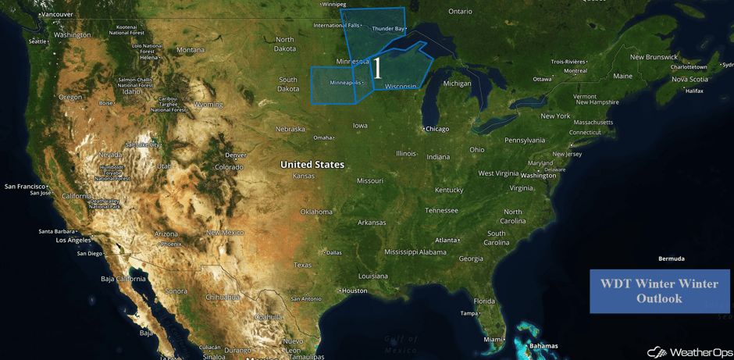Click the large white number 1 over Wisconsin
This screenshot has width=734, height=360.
tap(377, 68)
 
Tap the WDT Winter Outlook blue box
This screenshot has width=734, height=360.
tap(659, 291)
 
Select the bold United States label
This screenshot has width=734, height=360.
tap(312, 165)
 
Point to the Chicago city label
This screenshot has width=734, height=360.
tap(436, 129)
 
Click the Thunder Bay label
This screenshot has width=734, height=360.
tap(388, 29)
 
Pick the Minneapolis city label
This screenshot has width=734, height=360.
tap(344, 83)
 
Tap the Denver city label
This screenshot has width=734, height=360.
tap(235, 155)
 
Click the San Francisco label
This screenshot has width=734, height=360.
tap(26, 187)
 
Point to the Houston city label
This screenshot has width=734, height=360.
tap(354, 290)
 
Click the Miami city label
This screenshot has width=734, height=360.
tap(493, 340)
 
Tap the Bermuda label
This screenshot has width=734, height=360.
tap(671, 258)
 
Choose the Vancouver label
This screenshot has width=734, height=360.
tap(56, 15)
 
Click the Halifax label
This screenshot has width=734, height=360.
tap(694, 91)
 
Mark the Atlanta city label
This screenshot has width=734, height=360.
tap(446, 241)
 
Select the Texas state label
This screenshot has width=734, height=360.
tap(302, 266)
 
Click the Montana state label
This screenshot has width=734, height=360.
tap(191, 50)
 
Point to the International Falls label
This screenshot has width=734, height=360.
tap(337, 26)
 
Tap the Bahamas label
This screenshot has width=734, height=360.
tap(543, 346)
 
